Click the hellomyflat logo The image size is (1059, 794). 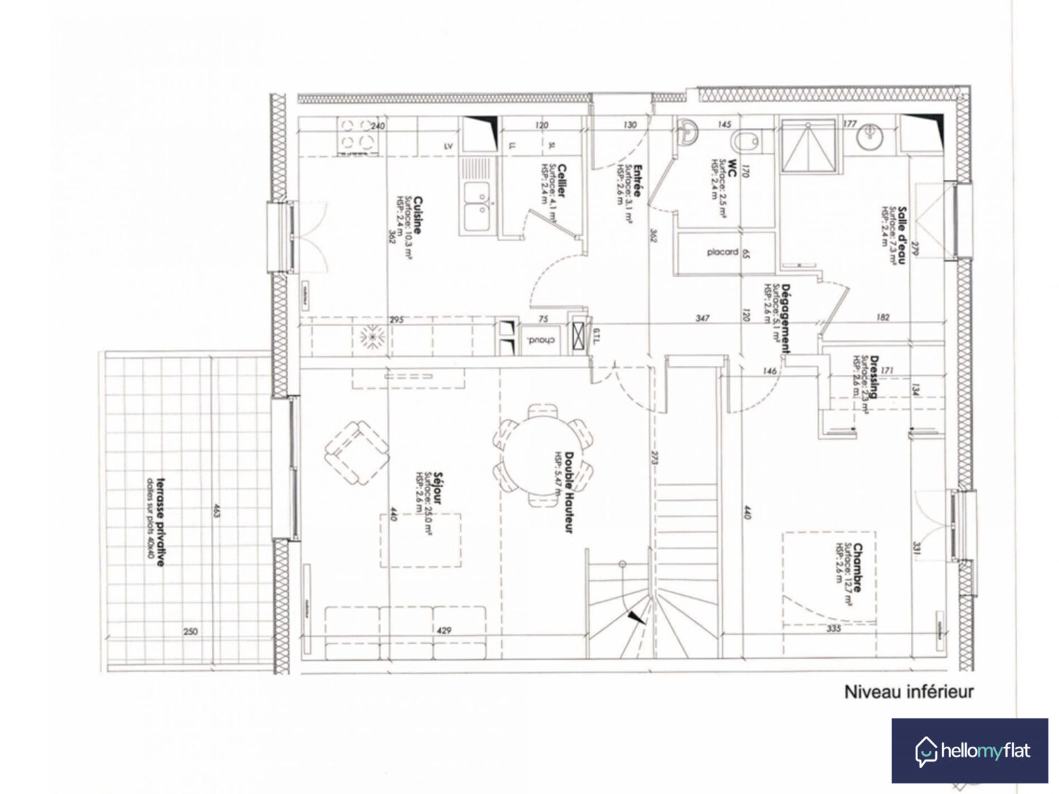tap(969, 750)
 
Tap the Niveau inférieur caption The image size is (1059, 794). tap(909, 692)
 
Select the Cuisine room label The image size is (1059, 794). tap(418, 215)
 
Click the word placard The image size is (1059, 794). tap(722, 252)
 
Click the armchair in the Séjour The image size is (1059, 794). tap(357, 453)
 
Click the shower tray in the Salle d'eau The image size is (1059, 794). tap(809, 147)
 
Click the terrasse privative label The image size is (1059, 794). tap(161, 522)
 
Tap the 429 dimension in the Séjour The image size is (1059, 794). tap(443, 630)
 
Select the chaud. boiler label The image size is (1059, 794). tap(542, 341)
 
